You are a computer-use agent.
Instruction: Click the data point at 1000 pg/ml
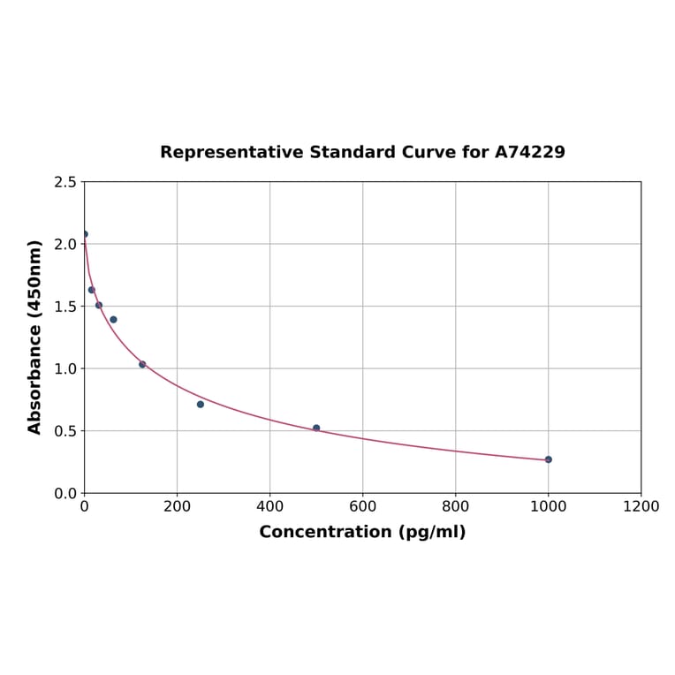pos(548,459)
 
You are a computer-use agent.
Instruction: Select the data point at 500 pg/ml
pos(316,428)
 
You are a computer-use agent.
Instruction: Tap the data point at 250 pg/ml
pos(201,404)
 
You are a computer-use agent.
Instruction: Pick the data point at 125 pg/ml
pos(142,364)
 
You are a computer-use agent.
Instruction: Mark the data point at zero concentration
pos(85,234)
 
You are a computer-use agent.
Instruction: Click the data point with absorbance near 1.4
pos(113,320)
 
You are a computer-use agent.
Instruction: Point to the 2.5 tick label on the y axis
pos(65,182)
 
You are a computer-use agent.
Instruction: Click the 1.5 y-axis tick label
pos(65,307)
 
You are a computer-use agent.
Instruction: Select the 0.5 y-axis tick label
pos(65,431)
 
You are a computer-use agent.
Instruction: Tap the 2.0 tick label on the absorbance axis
pos(65,244)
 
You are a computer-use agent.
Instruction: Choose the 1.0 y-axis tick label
pos(65,368)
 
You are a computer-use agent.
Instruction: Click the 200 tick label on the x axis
pos(177,506)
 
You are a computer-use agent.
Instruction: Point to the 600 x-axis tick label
pos(362,506)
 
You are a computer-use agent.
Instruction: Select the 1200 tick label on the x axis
pos(641,506)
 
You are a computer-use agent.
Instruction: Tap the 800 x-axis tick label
pos(455,506)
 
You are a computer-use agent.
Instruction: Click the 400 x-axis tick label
pos(269,506)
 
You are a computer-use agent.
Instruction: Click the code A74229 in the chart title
pos(529,153)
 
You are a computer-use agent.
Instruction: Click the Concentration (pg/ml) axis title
pos(362,532)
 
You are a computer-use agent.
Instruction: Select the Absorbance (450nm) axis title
pos(35,337)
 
